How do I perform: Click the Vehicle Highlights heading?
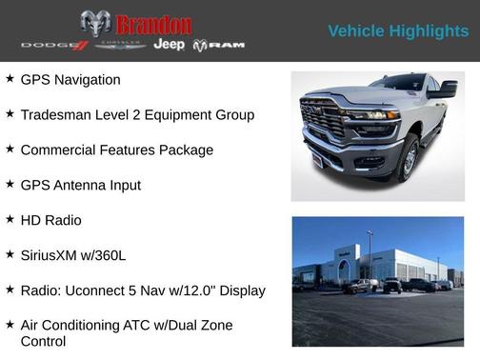[x=398, y=31]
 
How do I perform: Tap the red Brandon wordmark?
[x=153, y=24]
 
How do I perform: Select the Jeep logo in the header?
[x=169, y=45]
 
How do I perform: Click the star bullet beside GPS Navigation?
[x=10, y=79]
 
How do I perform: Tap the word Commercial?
[x=60, y=150]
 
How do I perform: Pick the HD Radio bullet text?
[x=50, y=220]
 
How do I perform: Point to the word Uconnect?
[x=98, y=290]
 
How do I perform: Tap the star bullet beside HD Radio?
[x=10, y=219]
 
